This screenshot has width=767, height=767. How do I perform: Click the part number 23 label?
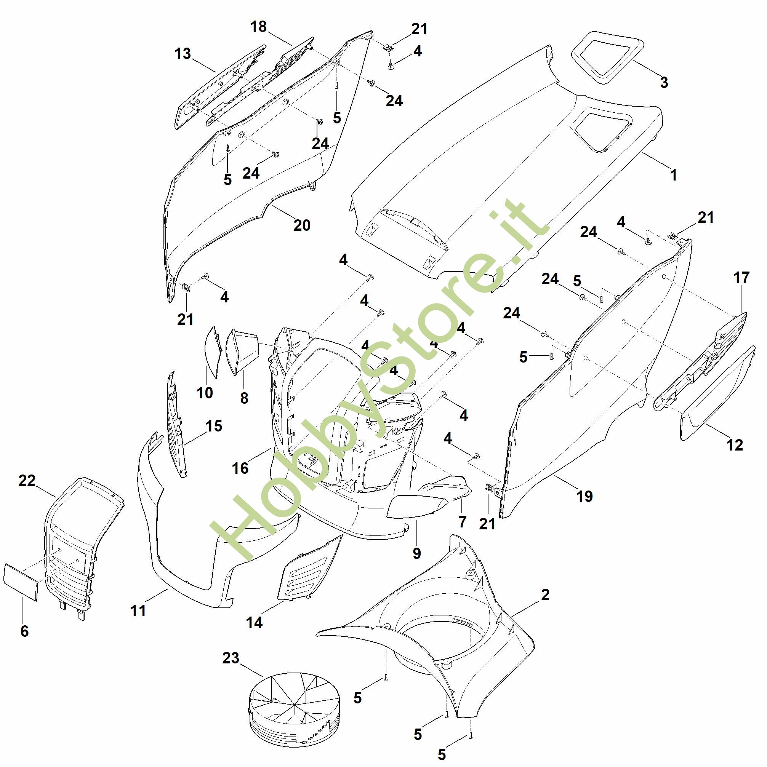(231, 658)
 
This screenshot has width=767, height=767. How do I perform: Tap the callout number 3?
(664, 82)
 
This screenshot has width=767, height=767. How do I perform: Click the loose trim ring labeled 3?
(608, 58)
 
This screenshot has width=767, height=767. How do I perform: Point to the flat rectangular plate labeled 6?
(21, 581)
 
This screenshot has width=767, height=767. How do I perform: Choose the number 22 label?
(27, 480)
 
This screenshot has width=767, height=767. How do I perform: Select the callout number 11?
(138, 610)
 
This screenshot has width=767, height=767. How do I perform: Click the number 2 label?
(545, 594)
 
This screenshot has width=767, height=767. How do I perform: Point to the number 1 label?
(673, 175)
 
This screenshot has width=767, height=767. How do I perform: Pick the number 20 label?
(302, 225)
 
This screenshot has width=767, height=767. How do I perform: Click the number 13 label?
(183, 54)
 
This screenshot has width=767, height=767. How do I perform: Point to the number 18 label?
(259, 27)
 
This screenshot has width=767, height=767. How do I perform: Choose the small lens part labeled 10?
(213, 352)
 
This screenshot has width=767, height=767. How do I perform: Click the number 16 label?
(240, 468)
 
